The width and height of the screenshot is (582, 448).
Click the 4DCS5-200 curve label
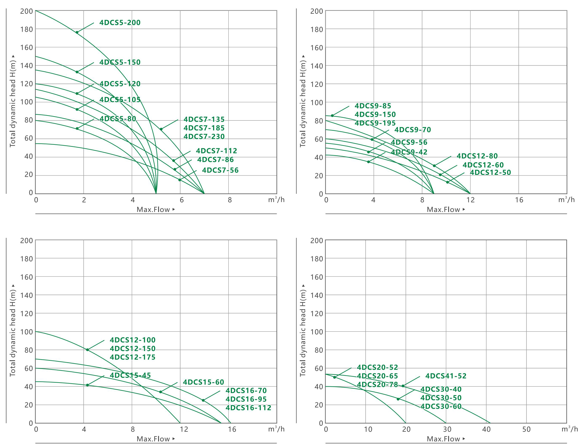tap(120, 23)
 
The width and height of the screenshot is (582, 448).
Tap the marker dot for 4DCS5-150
tap(77, 72)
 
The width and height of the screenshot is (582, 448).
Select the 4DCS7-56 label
tap(220, 170)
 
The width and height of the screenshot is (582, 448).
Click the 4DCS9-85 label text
tap(373, 106)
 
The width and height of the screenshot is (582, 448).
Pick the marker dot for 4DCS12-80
tap(434, 166)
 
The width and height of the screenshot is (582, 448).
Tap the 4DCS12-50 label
tap(490, 173)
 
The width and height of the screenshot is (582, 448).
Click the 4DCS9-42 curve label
tap(409, 152)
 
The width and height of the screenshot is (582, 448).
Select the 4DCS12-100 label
tap(132, 340)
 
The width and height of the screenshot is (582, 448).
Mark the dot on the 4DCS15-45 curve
tap(87, 385)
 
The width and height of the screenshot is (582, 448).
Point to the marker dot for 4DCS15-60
tap(161, 392)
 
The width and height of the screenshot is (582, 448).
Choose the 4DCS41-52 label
tap(446, 376)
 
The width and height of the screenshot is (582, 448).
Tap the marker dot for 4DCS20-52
tap(334, 377)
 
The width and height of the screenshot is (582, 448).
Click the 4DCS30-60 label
tap(441, 406)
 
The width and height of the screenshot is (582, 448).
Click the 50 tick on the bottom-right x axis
tap(526, 429)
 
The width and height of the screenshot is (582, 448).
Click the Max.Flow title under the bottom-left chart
tap(153, 439)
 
